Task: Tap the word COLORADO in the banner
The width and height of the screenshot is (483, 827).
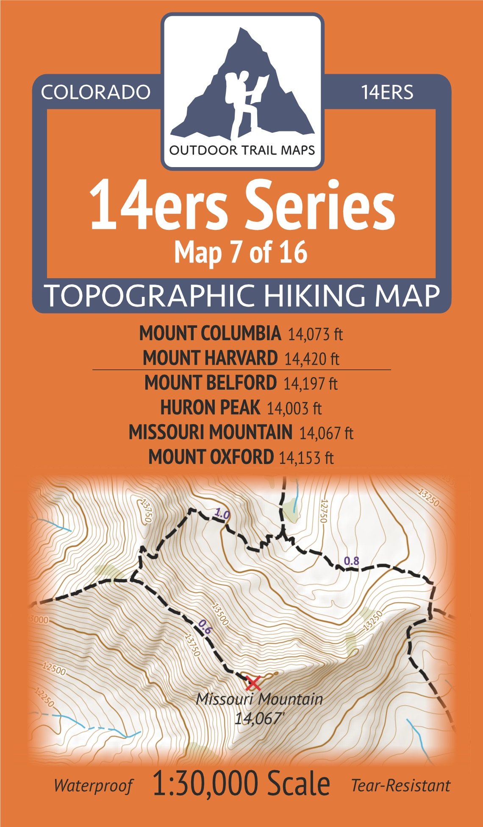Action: [96, 92]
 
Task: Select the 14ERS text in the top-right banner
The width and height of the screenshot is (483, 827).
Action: [387, 92]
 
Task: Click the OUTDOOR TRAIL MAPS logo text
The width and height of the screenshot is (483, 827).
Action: [242, 150]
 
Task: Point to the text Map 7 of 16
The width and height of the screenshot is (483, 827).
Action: [241, 253]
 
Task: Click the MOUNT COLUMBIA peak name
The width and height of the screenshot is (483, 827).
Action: [210, 333]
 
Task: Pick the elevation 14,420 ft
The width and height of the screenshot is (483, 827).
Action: [312, 359]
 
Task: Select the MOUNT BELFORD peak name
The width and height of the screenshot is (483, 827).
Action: [210, 383]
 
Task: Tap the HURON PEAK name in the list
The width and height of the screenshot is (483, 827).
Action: [210, 408]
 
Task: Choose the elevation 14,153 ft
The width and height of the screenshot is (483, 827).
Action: [306, 458]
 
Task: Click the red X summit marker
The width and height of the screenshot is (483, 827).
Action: [253, 683]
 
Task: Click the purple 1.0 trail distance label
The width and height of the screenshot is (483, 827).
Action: [222, 514]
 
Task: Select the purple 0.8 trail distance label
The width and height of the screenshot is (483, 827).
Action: [351, 561]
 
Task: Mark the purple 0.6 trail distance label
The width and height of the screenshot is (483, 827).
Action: [205, 627]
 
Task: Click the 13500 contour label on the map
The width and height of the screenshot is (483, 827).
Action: [220, 615]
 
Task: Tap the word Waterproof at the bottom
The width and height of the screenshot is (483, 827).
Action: [93, 786]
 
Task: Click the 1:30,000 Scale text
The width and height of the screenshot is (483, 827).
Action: [241, 784]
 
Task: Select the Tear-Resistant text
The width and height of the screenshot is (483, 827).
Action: [400, 786]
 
